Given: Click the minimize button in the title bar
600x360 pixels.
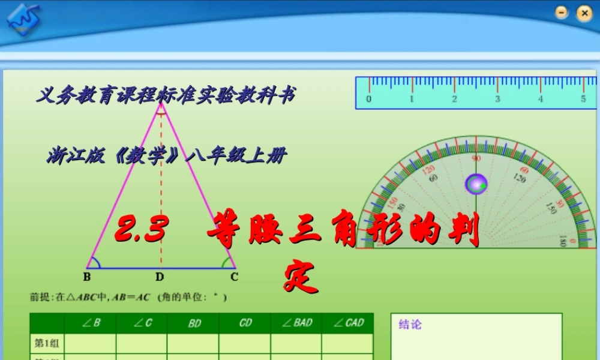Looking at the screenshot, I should pyautogui.click(x=562, y=13).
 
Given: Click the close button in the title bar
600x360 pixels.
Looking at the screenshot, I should pyautogui.click(x=583, y=13).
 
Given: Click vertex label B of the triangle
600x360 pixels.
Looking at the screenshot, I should pyautogui.click(x=87, y=277).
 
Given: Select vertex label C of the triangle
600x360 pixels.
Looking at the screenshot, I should pyautogui.click(x=234, y=277).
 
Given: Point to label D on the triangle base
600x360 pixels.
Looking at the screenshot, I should pyautogui.click(x=160, y=277).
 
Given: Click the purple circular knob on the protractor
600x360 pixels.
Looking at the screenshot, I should pyautogui.click(x=476, y=184).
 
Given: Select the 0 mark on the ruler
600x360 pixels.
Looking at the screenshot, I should pyautogui.click(x=368, y=99).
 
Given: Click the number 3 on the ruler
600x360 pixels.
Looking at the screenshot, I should pyautogui.click(x=497, y=99).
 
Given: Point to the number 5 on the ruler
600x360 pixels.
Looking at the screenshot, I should pyautogui.click(x=583, y=99).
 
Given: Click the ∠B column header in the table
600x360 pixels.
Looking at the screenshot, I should pyautogui.click(x=91, y=323).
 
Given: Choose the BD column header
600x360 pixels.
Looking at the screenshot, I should pyautogui.click(x=194, y=323).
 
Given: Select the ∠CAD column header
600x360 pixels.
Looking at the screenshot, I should pyautogui.click(x=348, y=323).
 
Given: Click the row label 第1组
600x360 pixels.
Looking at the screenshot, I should pyautogui.click(x=47, y=343).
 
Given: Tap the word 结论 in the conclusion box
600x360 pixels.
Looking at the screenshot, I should pyautogui.click(x=410, y=325).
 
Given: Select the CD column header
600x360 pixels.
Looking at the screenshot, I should pyautogui.click(x=245, y=323).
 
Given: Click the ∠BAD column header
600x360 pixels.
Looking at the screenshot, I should pyautogui.click(x=296, y=323).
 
